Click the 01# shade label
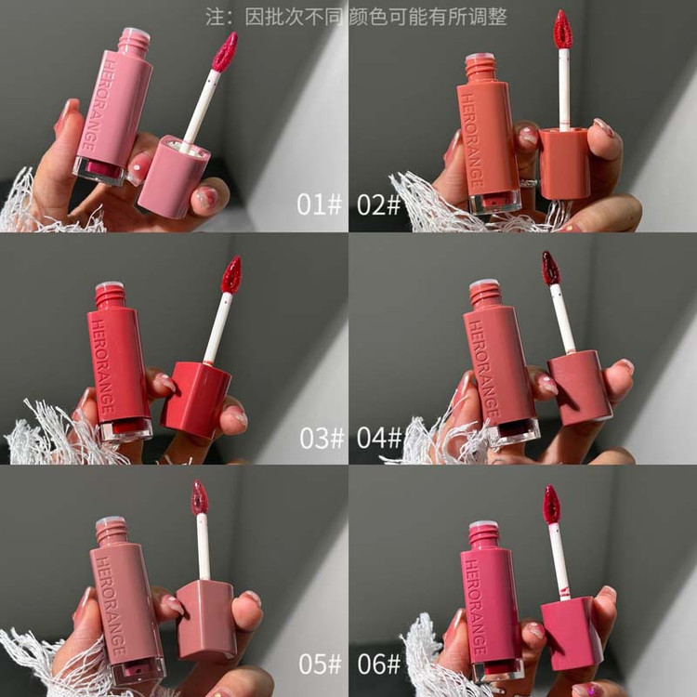[x=319, y=204]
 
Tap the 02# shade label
[x=379, y=204]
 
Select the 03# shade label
[x=322, y=438]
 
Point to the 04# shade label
[x=379, y=438]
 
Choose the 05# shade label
[x=320, y=664]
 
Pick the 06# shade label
[x=379, y=664]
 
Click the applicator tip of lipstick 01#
[x=225, y=51]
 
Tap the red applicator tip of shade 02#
[x=563, y=30]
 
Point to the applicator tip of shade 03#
[x=231, y=274]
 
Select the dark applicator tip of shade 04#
[x=551, y=268]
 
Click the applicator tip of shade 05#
[x=200, y=497]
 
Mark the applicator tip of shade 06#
[x=552, y=504]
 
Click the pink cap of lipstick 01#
[x=174, y=177]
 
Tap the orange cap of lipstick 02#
[x=564, y=164]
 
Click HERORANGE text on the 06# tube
[x=477, y=606]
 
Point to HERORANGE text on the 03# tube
[x=103, y=369]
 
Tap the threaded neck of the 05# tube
[x=112, y=532]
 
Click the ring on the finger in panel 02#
[x=529, y=182]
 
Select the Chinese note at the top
[x=356, y=17]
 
